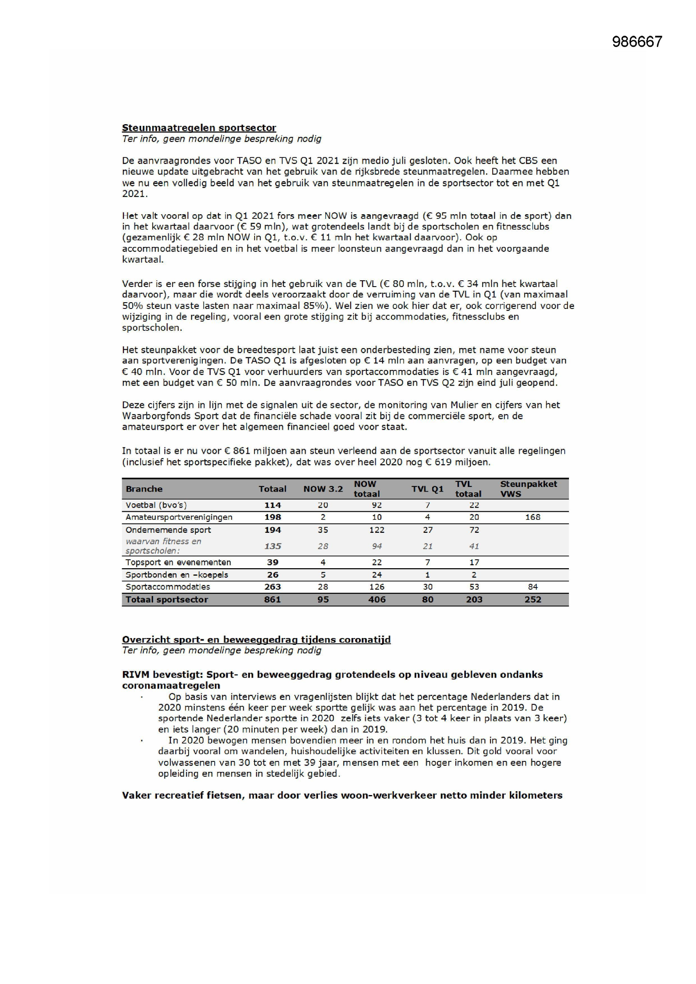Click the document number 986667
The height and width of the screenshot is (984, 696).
637,42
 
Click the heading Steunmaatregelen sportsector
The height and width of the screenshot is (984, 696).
199,128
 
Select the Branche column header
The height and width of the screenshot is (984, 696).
144,489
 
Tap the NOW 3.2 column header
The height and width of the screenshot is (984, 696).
323,489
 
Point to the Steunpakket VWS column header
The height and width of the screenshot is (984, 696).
528,489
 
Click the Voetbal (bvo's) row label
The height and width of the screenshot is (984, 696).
156,505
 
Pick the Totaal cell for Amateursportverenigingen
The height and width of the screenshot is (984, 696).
273,517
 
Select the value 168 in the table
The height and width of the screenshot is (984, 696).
533,517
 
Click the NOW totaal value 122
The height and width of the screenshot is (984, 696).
377,530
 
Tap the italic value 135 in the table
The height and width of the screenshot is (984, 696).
273,546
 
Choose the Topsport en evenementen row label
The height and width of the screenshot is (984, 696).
178,562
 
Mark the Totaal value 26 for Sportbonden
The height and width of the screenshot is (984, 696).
273,575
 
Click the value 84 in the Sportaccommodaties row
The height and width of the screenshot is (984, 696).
533,587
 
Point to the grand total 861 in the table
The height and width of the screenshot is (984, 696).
273,600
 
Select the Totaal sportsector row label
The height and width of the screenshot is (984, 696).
167,600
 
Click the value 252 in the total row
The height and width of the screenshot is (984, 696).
533,600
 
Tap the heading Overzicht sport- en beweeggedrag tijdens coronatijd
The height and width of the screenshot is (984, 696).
256,640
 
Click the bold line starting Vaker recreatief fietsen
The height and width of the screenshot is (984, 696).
342,795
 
